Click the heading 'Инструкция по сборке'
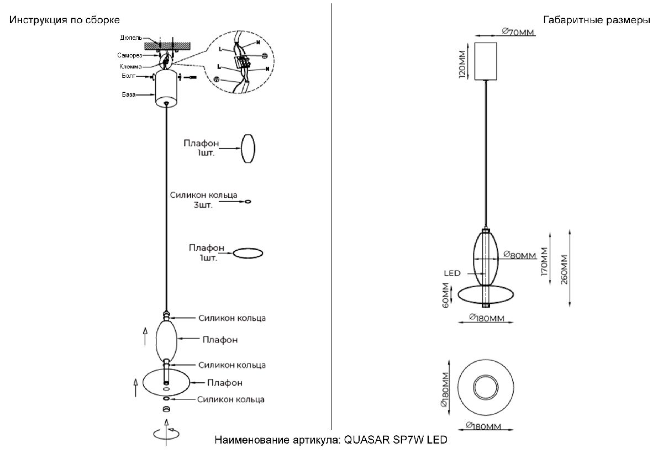tap(64, 20)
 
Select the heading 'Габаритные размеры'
tap(597, 20)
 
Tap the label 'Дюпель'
tap(131, 38)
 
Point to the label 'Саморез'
tap(130, 56)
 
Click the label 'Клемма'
tap(130, 66)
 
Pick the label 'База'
tap(129, 95)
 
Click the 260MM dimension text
tap(564, 269)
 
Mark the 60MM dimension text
tap(445, 297)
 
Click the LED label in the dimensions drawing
tap(451, 273)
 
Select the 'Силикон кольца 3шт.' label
tap(204, 199)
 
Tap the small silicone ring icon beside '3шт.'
tap(248, 202)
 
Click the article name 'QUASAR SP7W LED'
tap(394, 440)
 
